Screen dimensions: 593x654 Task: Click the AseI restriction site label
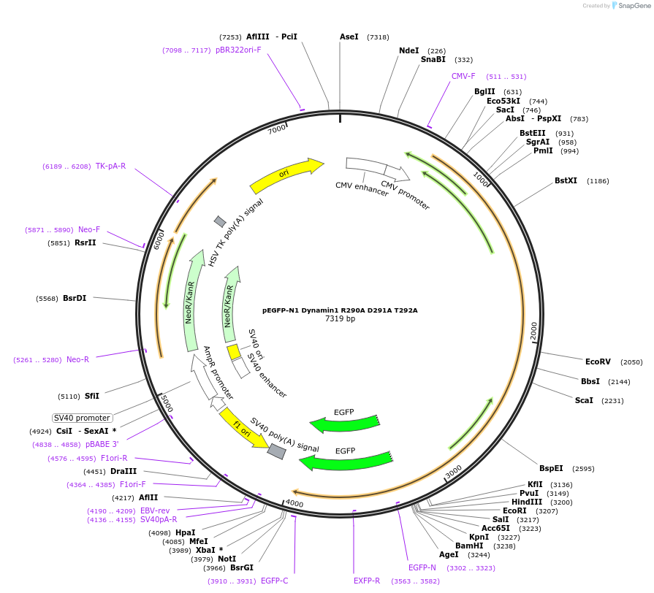click(349, 37)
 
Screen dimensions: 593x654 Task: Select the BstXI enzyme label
click(566, 180)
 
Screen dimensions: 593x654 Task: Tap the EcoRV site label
click(598, 361)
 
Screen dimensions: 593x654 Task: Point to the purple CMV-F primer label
click(463, 76)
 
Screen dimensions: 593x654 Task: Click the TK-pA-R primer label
click(110, 166)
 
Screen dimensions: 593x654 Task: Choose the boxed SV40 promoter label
click(83, 418)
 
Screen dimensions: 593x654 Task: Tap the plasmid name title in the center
click(340, 310)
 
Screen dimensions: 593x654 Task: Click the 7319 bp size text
click(340, 319)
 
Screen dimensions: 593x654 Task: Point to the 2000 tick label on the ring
click(533, 330)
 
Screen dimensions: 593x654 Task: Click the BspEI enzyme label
click(551, 468)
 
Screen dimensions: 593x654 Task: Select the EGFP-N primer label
click(422, 567)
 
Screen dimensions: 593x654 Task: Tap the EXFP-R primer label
click(367, 581)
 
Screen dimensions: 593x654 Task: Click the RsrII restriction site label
click(85, 242)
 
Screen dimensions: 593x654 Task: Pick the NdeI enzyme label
click(409, 50)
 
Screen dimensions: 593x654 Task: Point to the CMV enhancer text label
click(362, 189)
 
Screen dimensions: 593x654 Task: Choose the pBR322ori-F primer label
click(238, 50)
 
